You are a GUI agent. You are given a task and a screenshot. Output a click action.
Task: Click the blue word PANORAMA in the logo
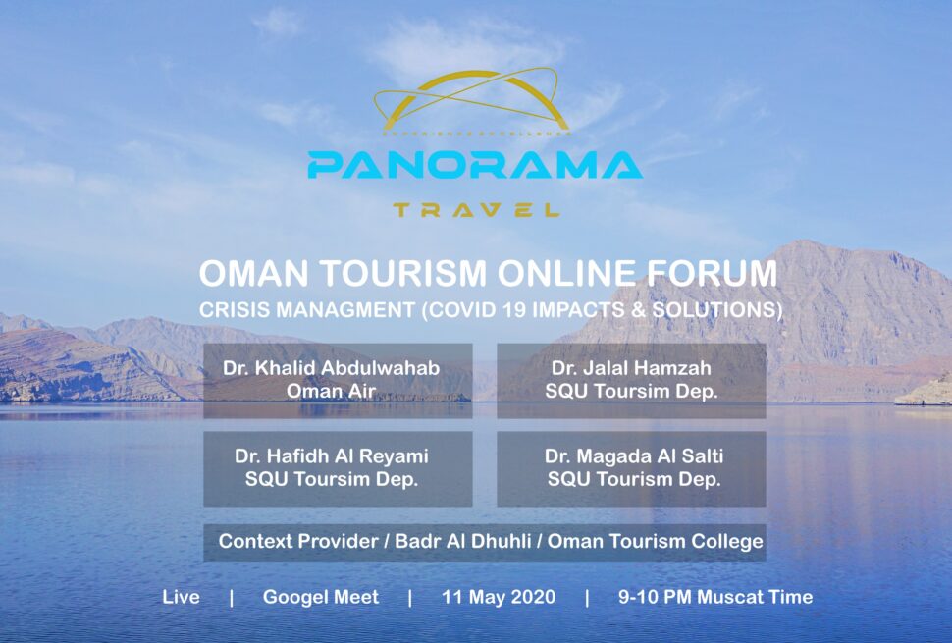click(x=475, y=165)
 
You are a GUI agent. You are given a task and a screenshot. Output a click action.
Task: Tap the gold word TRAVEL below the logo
click(x=476, y=210)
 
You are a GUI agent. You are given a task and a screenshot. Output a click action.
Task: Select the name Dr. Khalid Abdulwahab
click(x=332, y=368)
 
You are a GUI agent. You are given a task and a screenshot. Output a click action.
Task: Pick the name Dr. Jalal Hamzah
click(x=631, y=368)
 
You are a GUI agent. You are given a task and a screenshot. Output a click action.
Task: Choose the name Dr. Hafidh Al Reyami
click(x=332, y=455)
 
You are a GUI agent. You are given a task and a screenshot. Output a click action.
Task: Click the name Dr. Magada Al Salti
click(x=634, y=455)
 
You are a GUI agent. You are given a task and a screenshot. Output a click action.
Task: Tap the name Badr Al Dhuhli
click(x=463, y=541)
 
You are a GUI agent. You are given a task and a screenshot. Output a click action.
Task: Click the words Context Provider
click(x=298, y=541)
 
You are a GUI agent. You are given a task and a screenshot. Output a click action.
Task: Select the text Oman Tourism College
click(x=655, y=541)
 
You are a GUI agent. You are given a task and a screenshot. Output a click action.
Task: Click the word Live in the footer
click(x=181, y=597)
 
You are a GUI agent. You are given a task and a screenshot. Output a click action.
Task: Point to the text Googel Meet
click(x=321, y=597)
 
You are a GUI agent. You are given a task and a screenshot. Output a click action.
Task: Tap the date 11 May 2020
click(x=499, y=597)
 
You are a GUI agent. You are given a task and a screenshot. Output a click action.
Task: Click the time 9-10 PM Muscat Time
click(x=715, y=597)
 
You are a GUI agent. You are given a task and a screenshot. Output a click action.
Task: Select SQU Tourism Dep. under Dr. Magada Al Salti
click(x=634, y=479)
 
